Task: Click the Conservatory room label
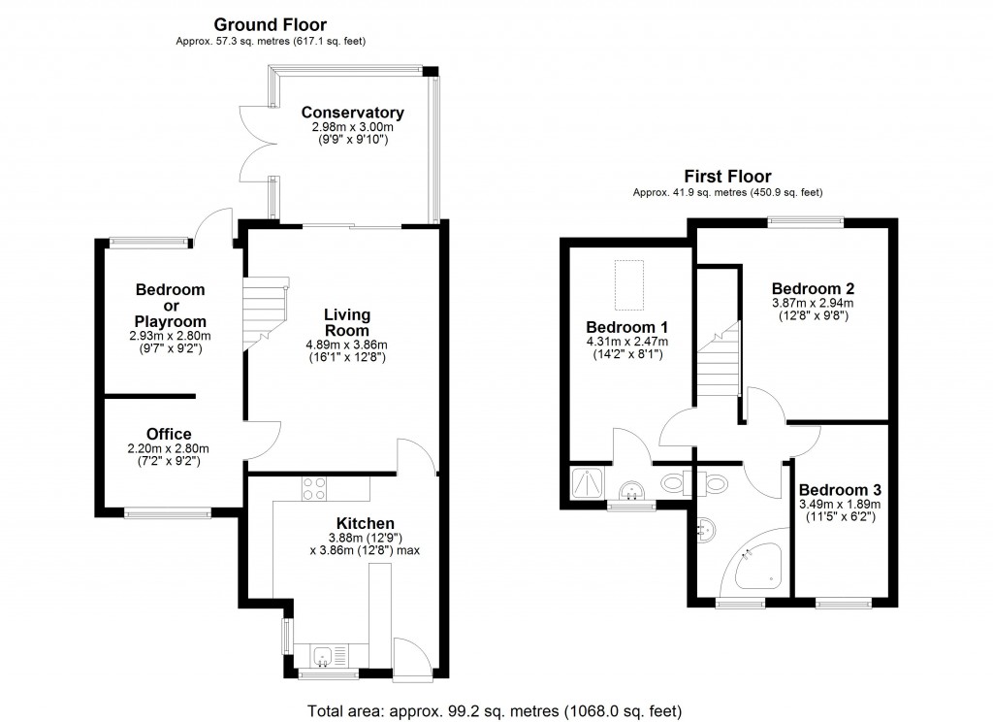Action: (352, 113)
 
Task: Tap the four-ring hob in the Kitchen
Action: (313, 488)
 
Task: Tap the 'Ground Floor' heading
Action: (271, 24)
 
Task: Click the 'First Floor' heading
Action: (727, 176)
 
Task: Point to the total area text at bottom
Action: (495, 709)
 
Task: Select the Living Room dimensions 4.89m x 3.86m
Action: (347, 345)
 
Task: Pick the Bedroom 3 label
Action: (838, 489)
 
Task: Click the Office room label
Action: (169, 434)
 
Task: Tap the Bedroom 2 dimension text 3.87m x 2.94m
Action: (813, 303)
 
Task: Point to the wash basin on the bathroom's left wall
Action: (707, 529)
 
